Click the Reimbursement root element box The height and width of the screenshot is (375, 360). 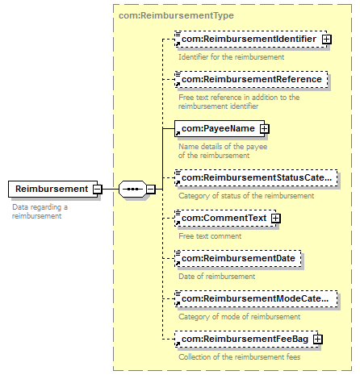pos(52,189)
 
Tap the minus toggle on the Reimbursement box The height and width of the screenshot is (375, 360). pos(98,189)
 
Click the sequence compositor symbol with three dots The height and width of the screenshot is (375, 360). pos(132,189)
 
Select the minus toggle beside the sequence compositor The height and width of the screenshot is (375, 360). pos(151,189)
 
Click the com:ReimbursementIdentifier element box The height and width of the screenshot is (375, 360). pos(251,40)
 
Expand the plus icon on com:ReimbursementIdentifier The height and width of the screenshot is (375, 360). pos(327,40)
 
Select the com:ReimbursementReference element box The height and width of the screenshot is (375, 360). pos(251,80)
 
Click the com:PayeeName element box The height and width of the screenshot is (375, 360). pos(220,129)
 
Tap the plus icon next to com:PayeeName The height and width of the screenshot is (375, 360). pos(265,129)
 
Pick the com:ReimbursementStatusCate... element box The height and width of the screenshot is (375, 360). pos(256,178)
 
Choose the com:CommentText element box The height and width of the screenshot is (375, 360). pos(225,219)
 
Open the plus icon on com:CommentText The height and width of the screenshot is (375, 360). pos(276,219)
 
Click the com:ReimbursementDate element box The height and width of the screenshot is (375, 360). pos(238,259)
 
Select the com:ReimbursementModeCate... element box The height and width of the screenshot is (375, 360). pos(256,299)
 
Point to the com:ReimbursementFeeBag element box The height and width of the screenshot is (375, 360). pos(246,340)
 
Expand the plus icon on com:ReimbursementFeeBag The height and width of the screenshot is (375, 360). pos(318,340)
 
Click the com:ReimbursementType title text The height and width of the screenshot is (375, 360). pos(176,15)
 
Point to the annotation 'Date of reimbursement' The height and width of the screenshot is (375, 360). pos(217,277)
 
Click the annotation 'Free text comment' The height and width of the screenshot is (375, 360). pos(210,236)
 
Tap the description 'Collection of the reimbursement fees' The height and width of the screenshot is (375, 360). pos(240,357)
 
